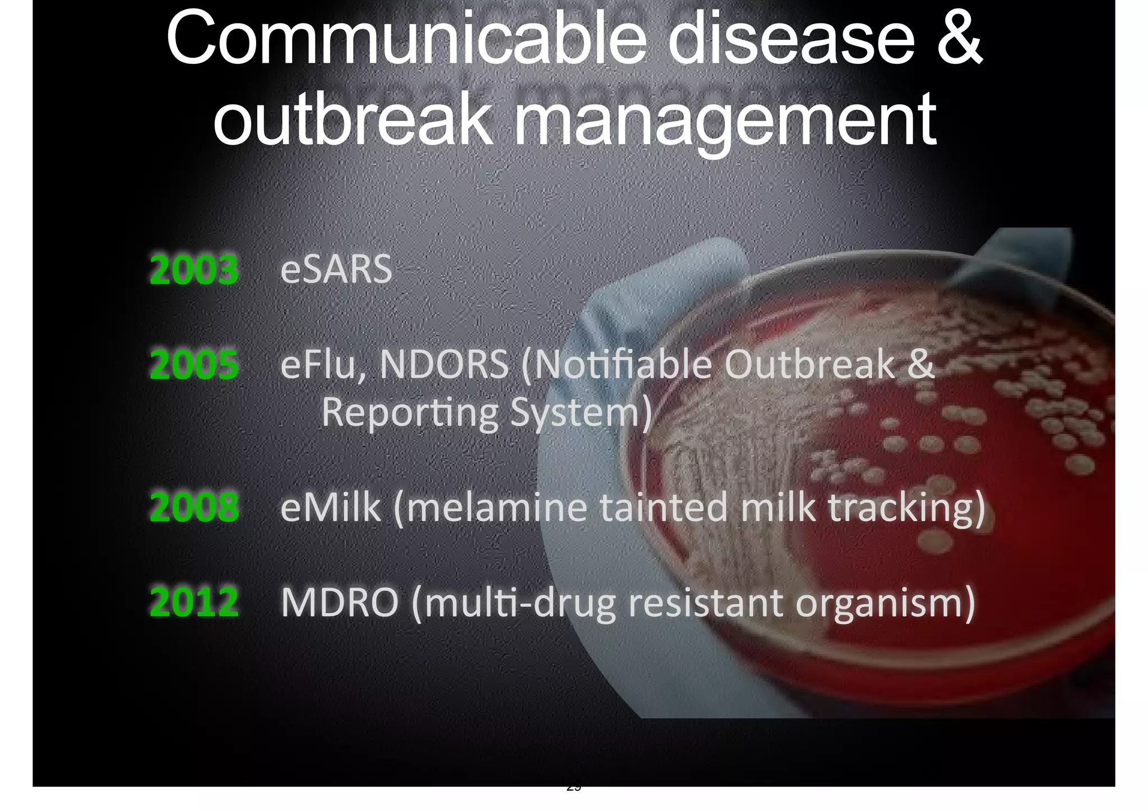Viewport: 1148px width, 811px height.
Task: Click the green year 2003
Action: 194,270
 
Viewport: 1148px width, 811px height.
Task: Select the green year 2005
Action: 194,365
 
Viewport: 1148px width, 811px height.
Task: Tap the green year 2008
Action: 194,507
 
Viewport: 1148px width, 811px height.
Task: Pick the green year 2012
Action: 194,603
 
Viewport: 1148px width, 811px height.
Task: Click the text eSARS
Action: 336,270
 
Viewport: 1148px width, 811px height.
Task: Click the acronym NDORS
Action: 444,365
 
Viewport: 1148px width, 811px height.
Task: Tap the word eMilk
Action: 330,507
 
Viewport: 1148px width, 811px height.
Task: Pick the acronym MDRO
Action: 340,603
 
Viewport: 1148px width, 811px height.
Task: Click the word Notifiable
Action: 622,365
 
